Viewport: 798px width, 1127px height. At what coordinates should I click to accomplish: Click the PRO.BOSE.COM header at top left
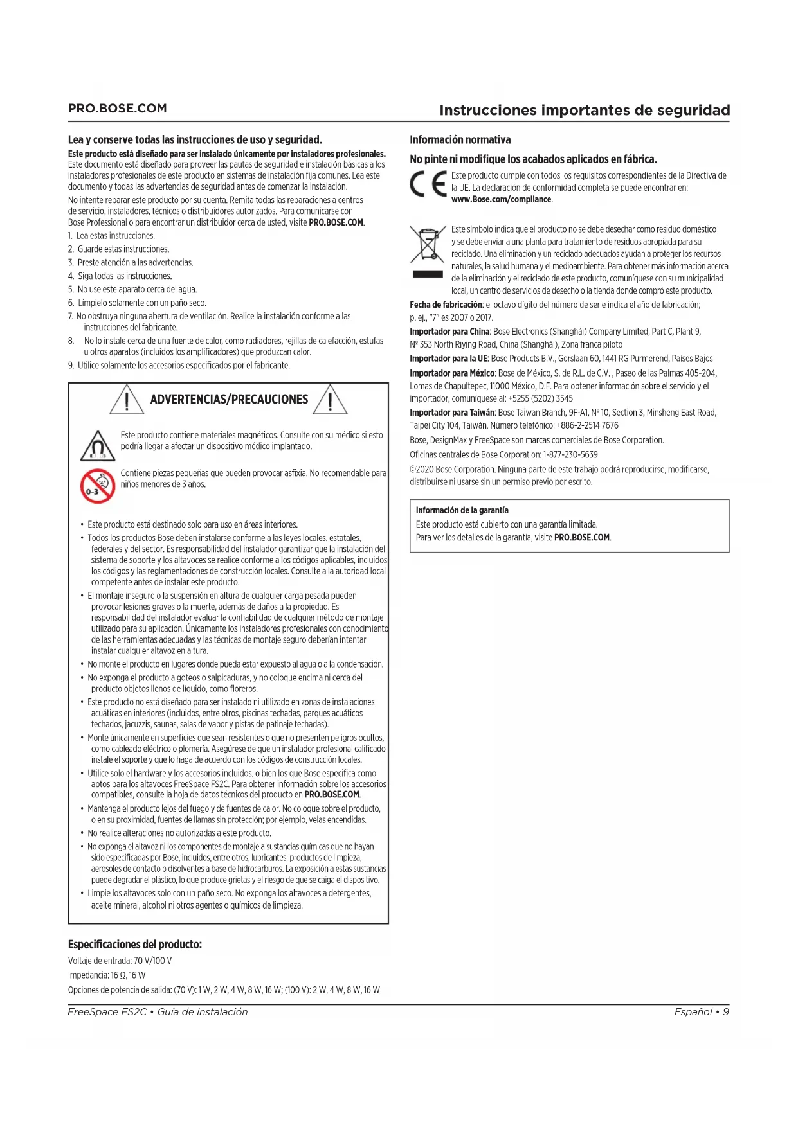(117, 109)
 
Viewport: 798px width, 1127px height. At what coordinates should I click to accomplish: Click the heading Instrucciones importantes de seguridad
(584, 110)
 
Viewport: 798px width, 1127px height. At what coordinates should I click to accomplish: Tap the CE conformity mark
(428, 185)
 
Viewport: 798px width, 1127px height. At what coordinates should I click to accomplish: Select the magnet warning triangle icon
(98, 446)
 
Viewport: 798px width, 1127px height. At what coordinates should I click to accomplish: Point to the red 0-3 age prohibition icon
(97, 486)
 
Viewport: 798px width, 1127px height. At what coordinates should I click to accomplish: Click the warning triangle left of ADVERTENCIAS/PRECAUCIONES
(127, 400)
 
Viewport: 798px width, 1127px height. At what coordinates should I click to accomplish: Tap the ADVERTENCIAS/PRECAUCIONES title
(229, 400)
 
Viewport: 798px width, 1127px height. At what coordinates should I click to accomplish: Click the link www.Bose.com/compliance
(502, 200)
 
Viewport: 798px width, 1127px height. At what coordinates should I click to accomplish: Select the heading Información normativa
(460, 140)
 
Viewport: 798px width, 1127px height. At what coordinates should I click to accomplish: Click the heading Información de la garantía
(462, 510)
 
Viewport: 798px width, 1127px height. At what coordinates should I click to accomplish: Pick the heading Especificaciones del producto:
(135, 945)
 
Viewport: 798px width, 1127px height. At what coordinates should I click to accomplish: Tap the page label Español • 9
(702, 1012)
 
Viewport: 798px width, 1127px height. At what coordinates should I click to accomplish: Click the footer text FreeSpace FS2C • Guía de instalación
(158, 1012)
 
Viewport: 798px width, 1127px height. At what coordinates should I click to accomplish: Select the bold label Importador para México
(452, 373)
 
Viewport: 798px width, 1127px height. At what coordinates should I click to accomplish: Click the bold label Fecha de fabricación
(446, 305)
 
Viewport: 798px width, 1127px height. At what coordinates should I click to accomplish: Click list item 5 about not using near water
(133, 290)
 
